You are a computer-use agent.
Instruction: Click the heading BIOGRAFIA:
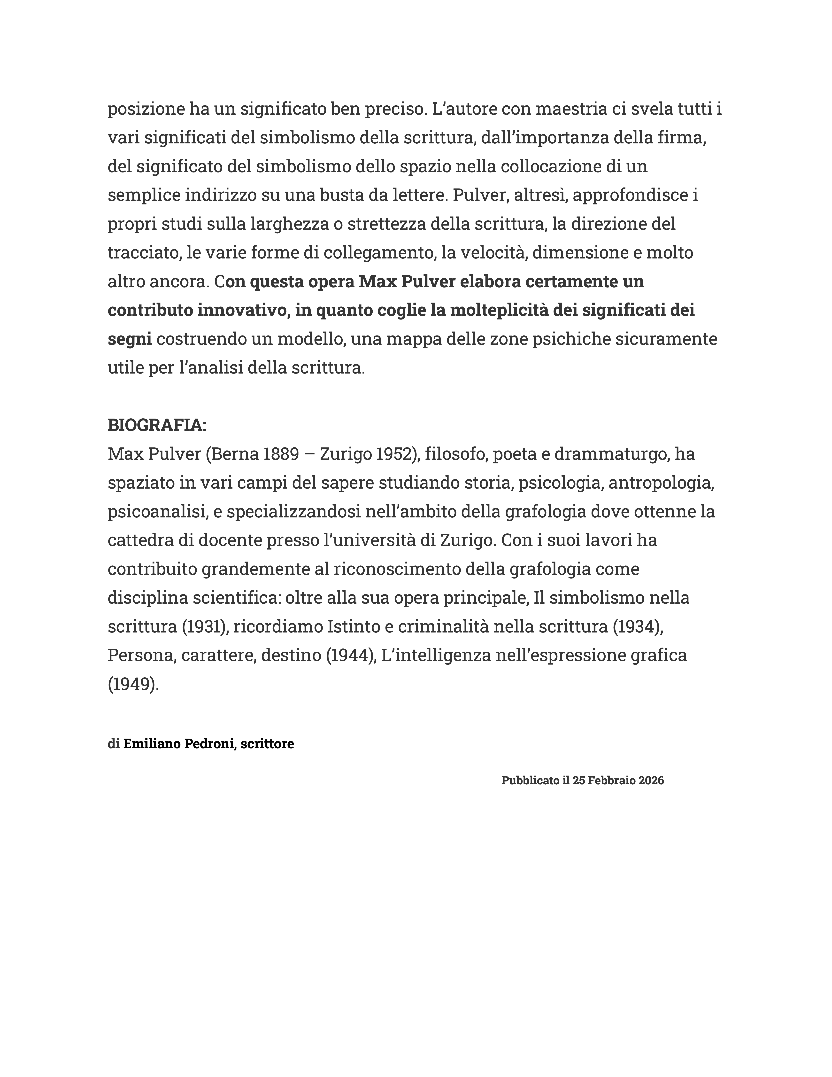pyautogui.click(x=157, y=425)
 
